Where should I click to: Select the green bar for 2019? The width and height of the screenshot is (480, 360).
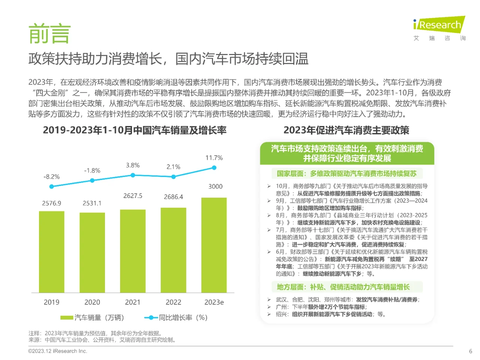tap(51, 252)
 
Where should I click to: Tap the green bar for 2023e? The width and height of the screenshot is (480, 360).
tap(214, 245)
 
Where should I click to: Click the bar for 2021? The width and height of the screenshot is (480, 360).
tap(133, 251)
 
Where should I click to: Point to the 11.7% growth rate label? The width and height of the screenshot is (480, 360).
tap(214, 158)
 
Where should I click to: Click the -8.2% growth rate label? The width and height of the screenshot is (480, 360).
tap(51, 177)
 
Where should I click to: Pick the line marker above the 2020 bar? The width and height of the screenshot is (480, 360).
tap(92, 180)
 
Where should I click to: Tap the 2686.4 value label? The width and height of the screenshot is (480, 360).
tap(173, 197)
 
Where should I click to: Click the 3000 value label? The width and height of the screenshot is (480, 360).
tap(215, 186)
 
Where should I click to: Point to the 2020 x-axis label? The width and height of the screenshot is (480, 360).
tap(92, 302)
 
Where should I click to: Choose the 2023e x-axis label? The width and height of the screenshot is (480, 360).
tap(214, 302)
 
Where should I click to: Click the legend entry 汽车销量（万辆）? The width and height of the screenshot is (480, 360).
tap(92, 318)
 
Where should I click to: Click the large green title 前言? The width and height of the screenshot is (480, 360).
tap(49, 34)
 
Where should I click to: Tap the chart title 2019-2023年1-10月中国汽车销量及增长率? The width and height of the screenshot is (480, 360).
tap(135, 130)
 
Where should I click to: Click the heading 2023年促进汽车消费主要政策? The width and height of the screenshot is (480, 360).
tap(346, 130)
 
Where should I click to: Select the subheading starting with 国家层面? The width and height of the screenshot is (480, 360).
tap(346, 174)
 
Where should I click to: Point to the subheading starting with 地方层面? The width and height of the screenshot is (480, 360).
tap(343, 287)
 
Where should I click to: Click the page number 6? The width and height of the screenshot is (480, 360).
tap(471, 351)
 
